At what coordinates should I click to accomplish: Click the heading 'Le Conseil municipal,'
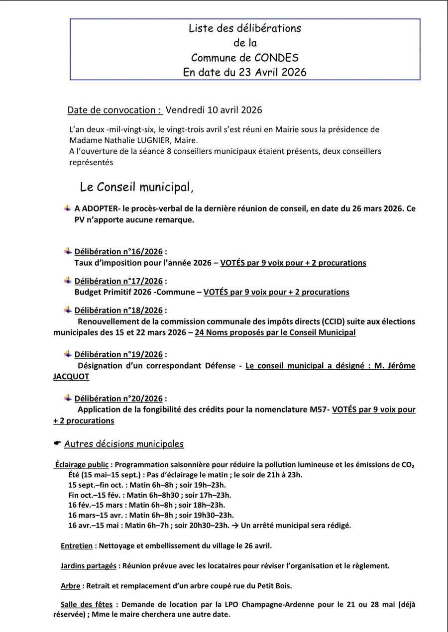point(136,188)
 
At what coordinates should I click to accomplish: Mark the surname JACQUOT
point(71,377)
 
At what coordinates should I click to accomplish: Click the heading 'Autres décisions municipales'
point(123,444)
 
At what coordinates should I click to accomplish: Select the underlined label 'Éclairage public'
point(82,465)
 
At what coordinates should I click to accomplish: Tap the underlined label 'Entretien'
point(77,546)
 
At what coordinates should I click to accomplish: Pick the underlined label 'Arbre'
point(70,586)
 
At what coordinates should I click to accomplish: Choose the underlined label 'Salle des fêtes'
point(86,605)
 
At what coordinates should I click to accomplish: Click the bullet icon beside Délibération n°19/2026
point(68,354)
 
